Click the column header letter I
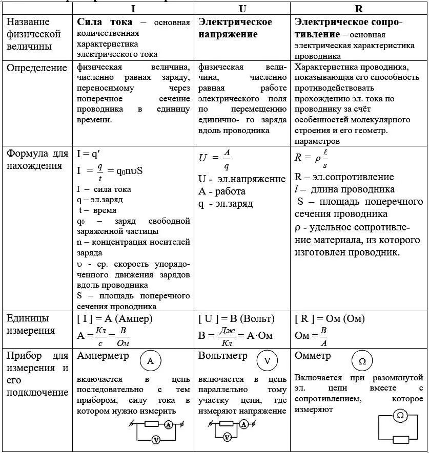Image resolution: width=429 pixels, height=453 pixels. (x=133, y=9)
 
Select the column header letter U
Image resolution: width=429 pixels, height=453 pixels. (x=242, y=9)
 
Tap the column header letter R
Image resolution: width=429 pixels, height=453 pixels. (x=359, y=9)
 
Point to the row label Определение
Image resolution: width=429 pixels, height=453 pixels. (x=36, y=68)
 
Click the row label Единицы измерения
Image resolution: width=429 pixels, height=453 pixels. (x=31, y=325)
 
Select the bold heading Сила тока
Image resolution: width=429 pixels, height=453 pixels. (x=105, y=23)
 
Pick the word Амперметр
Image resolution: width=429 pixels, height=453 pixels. (x=103, y=355)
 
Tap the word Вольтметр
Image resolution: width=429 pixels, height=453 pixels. (x=223, y=355)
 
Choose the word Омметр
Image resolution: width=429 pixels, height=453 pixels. (x=313, y=355)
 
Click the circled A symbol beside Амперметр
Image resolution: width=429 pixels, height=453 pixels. (x=150, y=361)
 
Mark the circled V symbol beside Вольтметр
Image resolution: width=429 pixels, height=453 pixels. (x=267, y=361)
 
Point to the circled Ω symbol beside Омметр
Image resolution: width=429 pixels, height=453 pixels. (x=362, y=361)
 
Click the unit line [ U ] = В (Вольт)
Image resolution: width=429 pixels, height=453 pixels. (x=236, y=319)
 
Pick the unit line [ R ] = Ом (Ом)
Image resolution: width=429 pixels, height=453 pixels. (x=330, y=319)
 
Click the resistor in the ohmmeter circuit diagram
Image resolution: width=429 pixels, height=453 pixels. (x=400, y=439)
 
